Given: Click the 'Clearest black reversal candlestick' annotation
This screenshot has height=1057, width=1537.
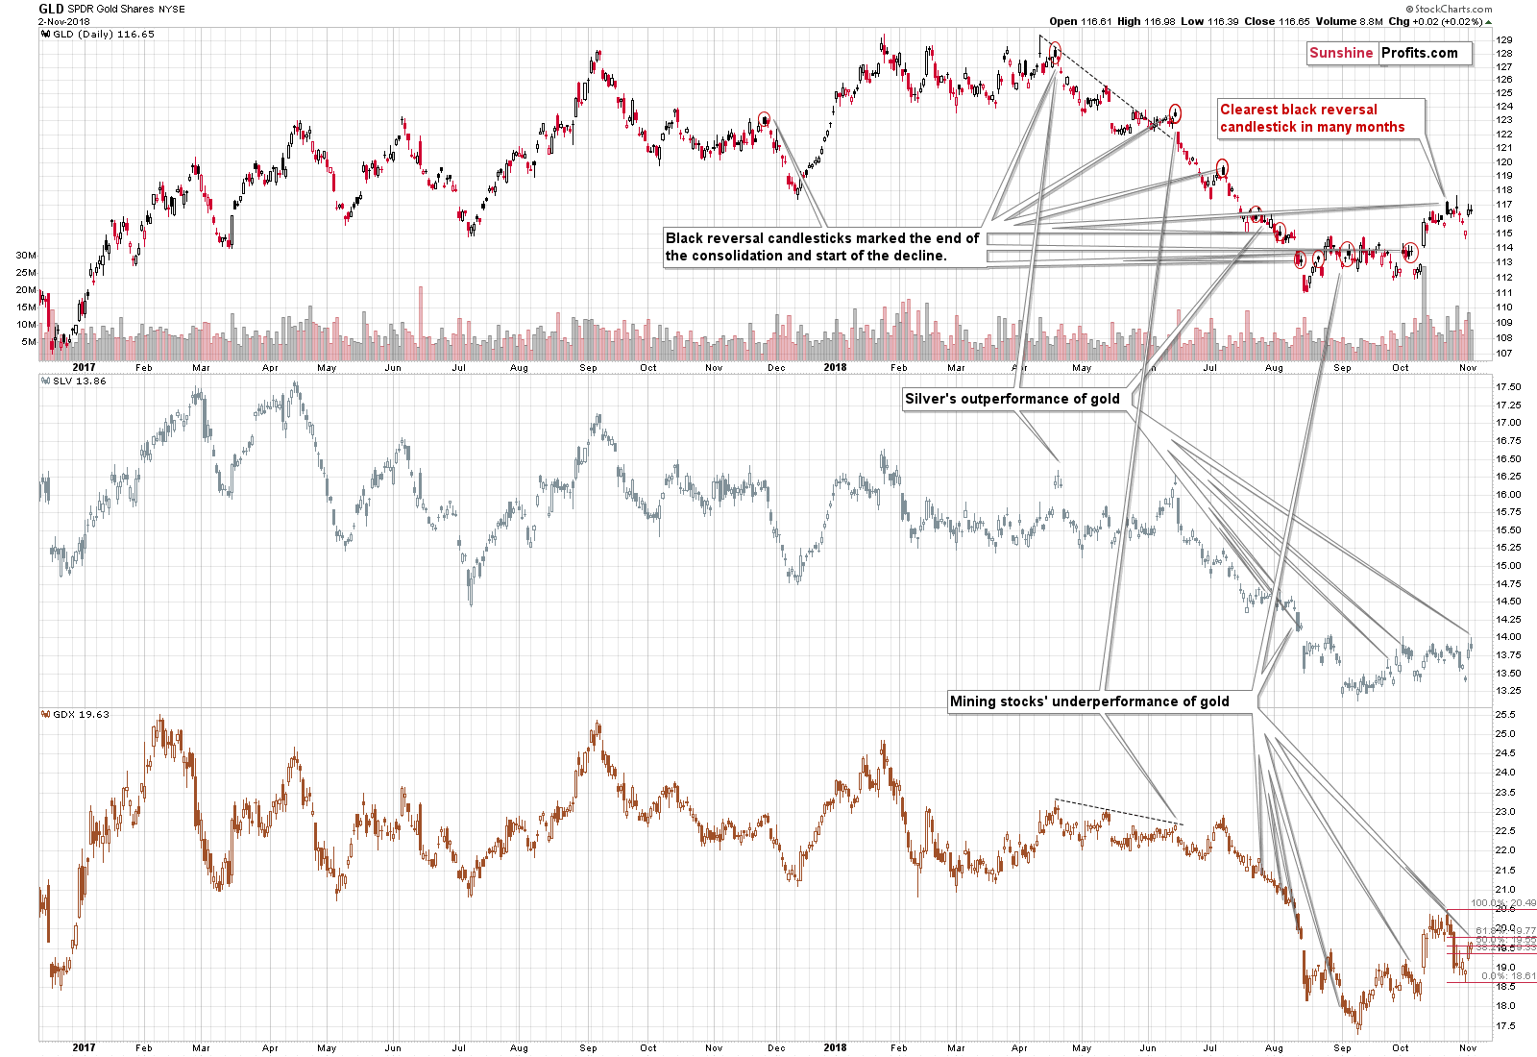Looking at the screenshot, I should point(1311,118).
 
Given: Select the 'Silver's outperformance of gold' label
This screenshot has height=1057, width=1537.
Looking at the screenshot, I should point(1012,399).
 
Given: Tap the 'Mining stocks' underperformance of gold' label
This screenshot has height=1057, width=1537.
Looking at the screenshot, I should point(1089,701).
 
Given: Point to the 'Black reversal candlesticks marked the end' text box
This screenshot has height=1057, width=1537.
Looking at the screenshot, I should point(822,247).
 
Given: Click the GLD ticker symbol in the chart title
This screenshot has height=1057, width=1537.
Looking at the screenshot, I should point(51,9).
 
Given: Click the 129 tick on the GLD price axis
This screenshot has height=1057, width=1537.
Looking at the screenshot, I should point(1503,40).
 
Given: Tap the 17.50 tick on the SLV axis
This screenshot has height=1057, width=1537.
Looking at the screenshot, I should point(1508,387).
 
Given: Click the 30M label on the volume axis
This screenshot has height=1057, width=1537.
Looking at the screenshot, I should point(26,256).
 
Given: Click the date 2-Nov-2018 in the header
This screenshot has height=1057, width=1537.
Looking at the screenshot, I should point(63,21).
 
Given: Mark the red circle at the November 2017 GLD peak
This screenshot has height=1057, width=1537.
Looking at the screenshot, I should point(764,119).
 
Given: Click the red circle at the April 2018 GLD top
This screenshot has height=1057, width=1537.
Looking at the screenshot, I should point(1055,50).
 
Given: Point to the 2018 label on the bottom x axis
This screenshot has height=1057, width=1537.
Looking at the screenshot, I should point(835,1047).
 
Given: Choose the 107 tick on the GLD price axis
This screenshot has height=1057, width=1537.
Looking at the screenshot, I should point(1503,354).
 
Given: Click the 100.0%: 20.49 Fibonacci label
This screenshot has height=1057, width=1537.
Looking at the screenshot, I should point(1502,903).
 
